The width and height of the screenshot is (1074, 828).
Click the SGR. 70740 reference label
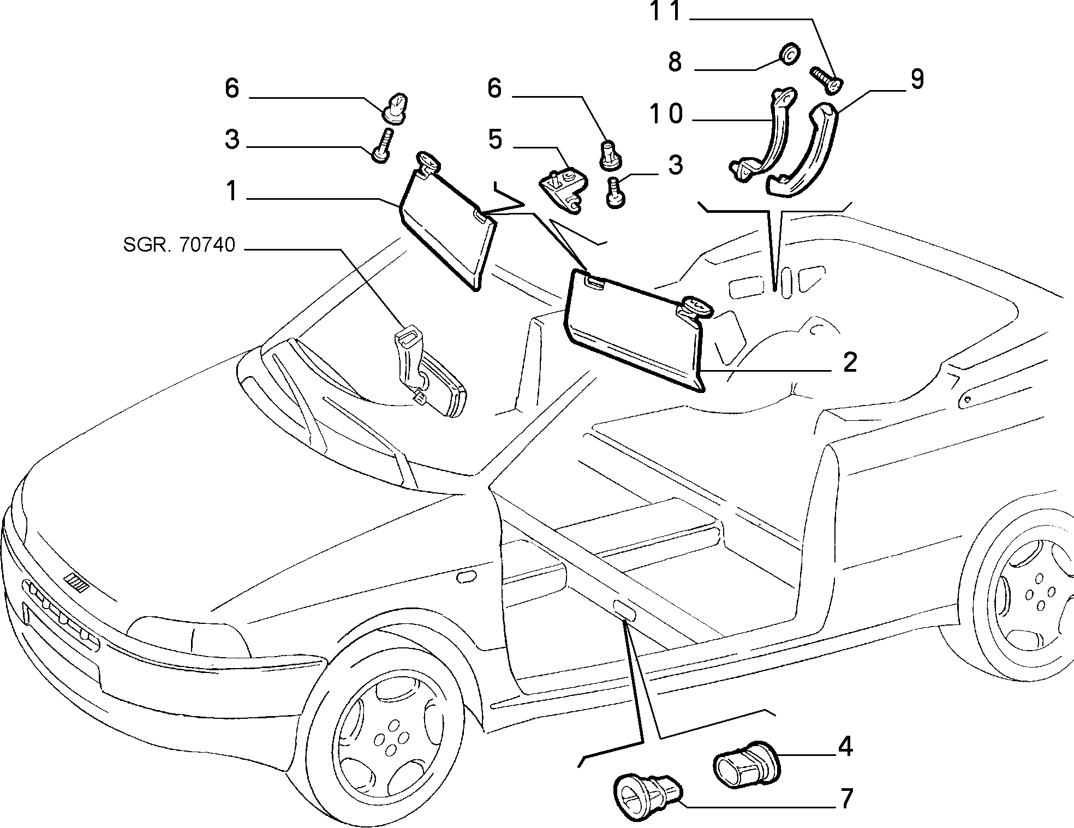point(179,245)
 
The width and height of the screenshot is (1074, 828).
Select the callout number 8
point(675,63)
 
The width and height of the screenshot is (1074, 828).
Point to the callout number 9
point(917,79)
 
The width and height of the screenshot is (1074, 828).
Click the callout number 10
point(666,115)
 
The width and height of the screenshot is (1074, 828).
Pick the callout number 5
point(494,140)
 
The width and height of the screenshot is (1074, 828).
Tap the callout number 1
point(232,192)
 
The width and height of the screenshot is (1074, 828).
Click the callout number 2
point(850,362)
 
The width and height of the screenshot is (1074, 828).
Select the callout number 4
point(845,747)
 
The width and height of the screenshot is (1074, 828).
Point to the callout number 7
point(845,799)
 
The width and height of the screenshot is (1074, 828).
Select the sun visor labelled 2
point(636,330)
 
